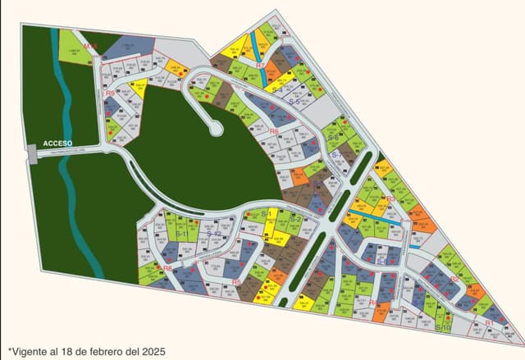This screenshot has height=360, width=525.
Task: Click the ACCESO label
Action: (58, 143)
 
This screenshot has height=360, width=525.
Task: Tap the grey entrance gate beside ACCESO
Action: (30, 152)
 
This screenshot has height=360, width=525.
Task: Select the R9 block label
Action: (110, 93)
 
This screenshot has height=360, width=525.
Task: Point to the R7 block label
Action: (260, 65)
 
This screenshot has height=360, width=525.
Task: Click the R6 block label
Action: (274, 131)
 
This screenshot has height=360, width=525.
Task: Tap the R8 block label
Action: (167, 267)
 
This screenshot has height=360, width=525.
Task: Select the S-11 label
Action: (181, 235)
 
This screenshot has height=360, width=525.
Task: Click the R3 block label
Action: (390, 198)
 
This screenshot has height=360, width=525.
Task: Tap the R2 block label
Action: (454, 279)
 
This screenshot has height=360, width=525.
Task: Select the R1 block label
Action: (489, 323)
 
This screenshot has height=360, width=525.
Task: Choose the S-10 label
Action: (444, 327)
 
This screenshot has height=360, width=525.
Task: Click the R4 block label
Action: (372, 304)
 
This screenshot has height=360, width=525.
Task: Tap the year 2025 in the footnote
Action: (153, 351)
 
